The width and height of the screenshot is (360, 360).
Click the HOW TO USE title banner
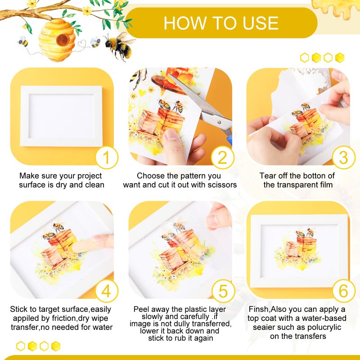point(220,22)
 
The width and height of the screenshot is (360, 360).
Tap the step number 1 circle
point(107,158)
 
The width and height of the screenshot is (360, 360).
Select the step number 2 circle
point(223,158)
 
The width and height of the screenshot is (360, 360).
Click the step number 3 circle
point(344,158)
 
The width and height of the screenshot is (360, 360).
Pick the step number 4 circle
point(107,291)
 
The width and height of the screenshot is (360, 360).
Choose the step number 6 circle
point(344,291)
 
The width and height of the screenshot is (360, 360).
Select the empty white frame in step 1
point(61,116)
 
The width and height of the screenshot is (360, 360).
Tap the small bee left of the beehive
point(22,42)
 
